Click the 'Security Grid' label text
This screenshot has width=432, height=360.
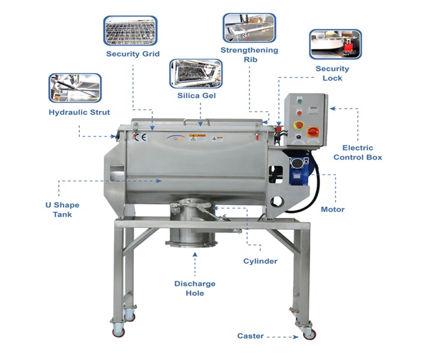(133, 54)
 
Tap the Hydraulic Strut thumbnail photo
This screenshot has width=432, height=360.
(75, 88)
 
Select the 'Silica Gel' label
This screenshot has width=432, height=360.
(196, 95)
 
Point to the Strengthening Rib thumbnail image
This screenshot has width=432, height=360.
(250, 28)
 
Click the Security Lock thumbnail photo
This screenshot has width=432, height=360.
(335, 44)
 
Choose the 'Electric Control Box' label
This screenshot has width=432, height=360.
(358, 152)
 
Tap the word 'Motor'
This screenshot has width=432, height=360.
(333, 209)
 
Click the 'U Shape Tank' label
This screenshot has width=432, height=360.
(62, 209)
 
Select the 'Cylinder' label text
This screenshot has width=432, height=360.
(260, 261)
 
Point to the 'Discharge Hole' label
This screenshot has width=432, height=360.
(195, 289)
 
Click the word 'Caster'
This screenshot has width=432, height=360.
(250, 336)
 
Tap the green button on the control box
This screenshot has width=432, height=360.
(299, 101)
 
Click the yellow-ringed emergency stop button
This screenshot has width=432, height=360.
(299, 125)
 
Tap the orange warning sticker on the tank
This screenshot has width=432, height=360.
(197, 137)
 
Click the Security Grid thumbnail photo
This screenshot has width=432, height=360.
(130, 31)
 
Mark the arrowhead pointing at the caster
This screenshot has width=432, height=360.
(296, 337)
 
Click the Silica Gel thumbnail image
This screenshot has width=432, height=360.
(196, 74)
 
